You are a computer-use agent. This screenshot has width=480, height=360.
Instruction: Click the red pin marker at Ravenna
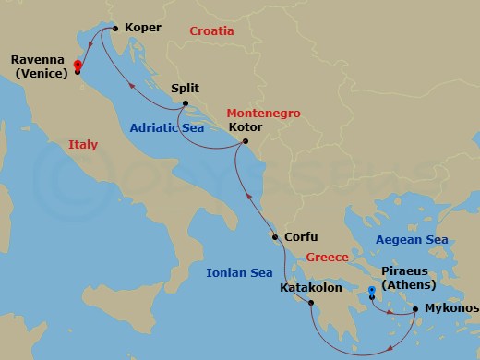(x=78, y=66)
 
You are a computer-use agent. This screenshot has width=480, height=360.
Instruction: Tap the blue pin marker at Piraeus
(x=371, y=292)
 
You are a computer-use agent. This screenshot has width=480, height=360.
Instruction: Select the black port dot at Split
(x=186, y=103)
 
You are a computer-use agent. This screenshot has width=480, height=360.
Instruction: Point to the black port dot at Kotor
(x=245, y=142)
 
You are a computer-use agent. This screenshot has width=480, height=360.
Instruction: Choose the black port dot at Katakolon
(x=311, y=303)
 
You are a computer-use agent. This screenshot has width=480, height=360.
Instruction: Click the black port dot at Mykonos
(x=415, y=309)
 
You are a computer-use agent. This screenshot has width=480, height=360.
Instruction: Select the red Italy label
(x=83, y=144)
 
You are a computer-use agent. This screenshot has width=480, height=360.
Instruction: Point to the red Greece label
(x=328, y=258)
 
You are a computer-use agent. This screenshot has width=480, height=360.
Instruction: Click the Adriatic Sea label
(x=167, y=129)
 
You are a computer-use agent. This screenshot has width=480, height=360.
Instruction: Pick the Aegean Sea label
(x=412, y=240)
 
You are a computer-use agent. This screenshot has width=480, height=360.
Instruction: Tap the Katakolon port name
(x=311, y=288)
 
